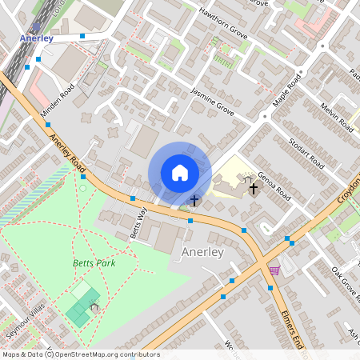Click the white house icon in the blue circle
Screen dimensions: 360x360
[180, 173]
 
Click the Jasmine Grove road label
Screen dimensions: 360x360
[213, 103]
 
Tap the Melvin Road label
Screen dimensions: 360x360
[337, 118]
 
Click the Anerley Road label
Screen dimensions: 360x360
[67, 152]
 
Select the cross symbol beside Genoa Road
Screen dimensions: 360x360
[254, 189]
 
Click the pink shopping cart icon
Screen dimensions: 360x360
[274, 270]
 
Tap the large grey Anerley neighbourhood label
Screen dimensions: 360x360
[202, 252]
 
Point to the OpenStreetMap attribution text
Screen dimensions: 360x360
[80, 354]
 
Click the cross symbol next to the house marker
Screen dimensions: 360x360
[194, 199]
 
